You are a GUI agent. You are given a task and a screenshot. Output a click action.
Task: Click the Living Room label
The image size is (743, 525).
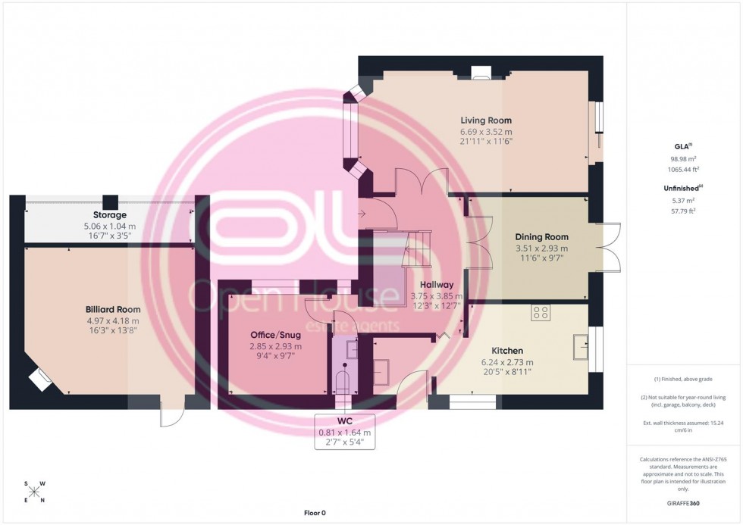(486, 120)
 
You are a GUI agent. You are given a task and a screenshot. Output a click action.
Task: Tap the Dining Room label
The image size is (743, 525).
(541, 237)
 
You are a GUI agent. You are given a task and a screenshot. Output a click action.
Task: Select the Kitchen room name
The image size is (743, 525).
(507, 351)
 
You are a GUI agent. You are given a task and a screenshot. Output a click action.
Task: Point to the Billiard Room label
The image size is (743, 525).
(113, 310)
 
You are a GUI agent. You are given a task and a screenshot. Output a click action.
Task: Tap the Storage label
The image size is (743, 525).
(111, 215)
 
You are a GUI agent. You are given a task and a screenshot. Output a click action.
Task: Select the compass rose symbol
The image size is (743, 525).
(34, 492)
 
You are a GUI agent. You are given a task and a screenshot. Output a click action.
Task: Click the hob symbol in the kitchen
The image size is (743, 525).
(541, 311)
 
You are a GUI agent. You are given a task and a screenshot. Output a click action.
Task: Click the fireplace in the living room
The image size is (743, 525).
(481, 73)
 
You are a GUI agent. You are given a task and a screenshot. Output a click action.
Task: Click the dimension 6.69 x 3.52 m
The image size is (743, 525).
(486, 131)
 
